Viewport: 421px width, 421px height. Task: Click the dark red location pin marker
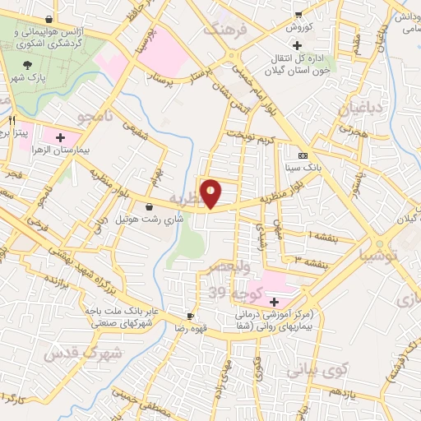[x=211, y=193]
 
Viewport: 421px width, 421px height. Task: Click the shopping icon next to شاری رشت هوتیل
[x=150, y=207]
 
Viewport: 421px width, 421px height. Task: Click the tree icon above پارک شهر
[x=29, y=64]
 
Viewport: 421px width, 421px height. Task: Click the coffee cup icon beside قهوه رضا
[x=191, y=316]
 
